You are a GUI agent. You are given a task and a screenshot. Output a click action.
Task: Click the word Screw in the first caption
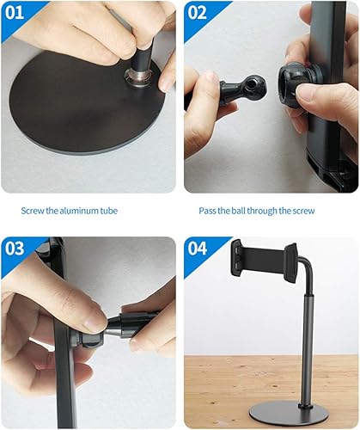pyautogui.click(x=34, y=210)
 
